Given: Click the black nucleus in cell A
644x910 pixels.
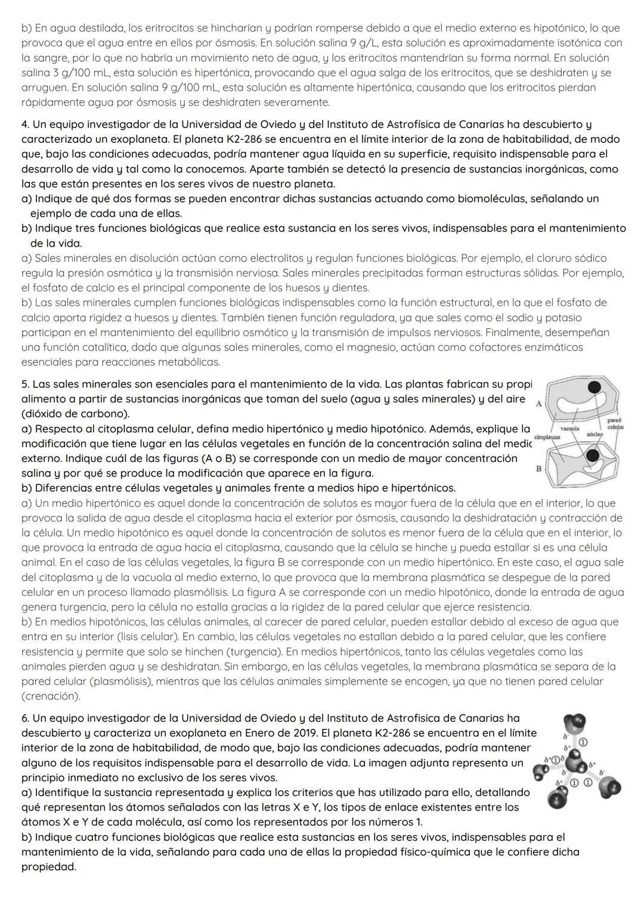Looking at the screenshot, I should [594, 388].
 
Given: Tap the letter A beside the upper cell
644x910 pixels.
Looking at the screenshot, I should [539, 403].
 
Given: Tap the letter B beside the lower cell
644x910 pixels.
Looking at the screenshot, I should [538, 469].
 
